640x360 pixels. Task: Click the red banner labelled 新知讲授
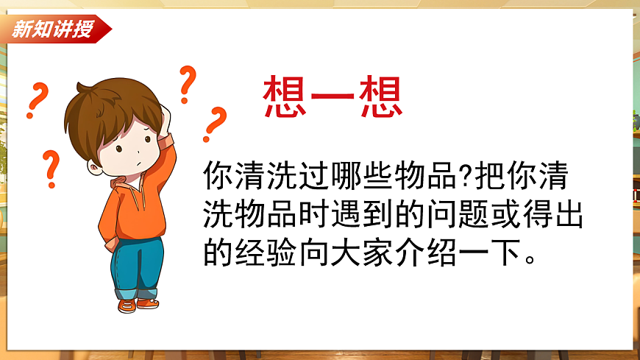click(55, 29)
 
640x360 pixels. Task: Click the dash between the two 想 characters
click(333, 97)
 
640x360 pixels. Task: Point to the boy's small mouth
click(138, 163)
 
